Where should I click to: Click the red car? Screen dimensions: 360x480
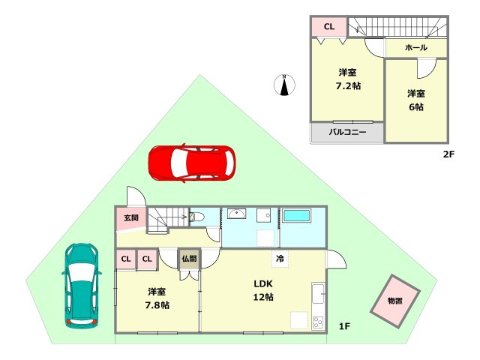coord(191,163)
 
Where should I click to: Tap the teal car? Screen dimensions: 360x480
coord(81,286)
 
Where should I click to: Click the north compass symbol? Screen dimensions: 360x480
coord(285,85)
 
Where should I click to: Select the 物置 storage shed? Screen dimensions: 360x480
coord(395,300)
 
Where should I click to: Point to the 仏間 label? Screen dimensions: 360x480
coord(188,259)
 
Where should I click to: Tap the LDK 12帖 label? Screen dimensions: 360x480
coord(262,290)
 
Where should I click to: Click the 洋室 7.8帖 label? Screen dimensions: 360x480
coord(157,298)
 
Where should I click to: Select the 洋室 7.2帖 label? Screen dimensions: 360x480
coord(347,79)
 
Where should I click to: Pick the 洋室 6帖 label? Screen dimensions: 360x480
coord(416,100)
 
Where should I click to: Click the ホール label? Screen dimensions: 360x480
coord(415,48)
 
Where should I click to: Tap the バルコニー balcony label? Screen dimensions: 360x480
coord(347,132)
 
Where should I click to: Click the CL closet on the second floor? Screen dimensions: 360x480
coord(328,27)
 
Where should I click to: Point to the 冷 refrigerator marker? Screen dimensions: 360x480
coord(280,258)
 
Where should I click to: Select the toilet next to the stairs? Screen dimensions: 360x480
coord(196,217)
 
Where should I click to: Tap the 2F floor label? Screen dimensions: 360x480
coord(448,155)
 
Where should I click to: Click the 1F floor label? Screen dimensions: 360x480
coord(344,325)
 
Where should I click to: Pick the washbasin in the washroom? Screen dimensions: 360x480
coord(235,214)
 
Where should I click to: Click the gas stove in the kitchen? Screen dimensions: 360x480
coord(318,323)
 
